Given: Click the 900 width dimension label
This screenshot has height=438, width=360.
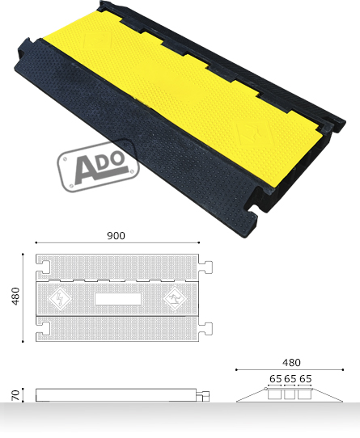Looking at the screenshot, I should point(116,236).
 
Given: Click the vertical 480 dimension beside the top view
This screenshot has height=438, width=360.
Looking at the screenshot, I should point(15,297).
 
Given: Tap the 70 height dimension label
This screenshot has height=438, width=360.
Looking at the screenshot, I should point(15,395).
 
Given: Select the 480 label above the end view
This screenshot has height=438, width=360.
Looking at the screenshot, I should point(291,363).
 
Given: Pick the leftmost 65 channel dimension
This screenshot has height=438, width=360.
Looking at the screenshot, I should point(276,378).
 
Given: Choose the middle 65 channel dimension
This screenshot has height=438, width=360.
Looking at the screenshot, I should point(290,378).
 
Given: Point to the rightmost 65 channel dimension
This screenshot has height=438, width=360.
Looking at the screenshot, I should point(305,378).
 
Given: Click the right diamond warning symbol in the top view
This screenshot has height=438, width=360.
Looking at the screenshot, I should point(173,299).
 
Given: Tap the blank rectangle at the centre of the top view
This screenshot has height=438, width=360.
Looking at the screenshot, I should point(117,299).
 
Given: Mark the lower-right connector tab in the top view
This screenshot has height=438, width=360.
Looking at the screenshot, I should point(208,328).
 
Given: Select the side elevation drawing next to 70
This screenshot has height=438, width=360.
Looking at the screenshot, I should point(117,395).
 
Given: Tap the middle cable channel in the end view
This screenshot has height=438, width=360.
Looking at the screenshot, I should point(290,395).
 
